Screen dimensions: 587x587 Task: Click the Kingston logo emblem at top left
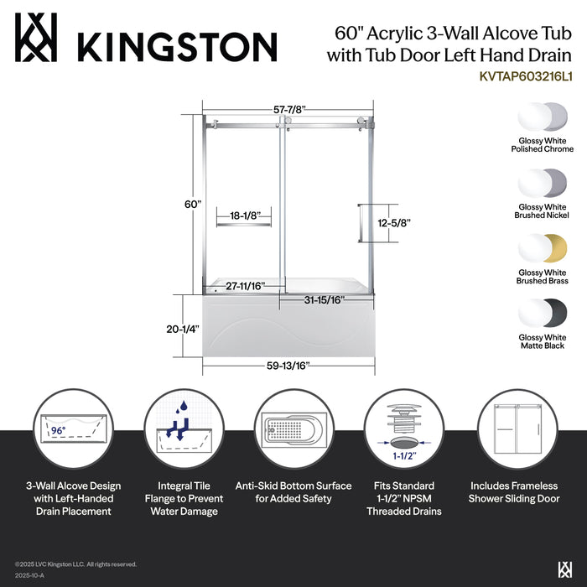(37, 38)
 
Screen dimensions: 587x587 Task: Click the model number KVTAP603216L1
(527, 75)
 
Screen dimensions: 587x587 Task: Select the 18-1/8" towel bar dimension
(242, 216)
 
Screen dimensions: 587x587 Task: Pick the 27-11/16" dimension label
(245, 285)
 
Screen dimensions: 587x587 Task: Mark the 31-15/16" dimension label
(324, 299)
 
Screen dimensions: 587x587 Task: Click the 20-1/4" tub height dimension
(182, 330)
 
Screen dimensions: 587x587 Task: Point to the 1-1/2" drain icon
(404, 429)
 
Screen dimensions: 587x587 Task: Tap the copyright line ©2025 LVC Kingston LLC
(75, 564)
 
